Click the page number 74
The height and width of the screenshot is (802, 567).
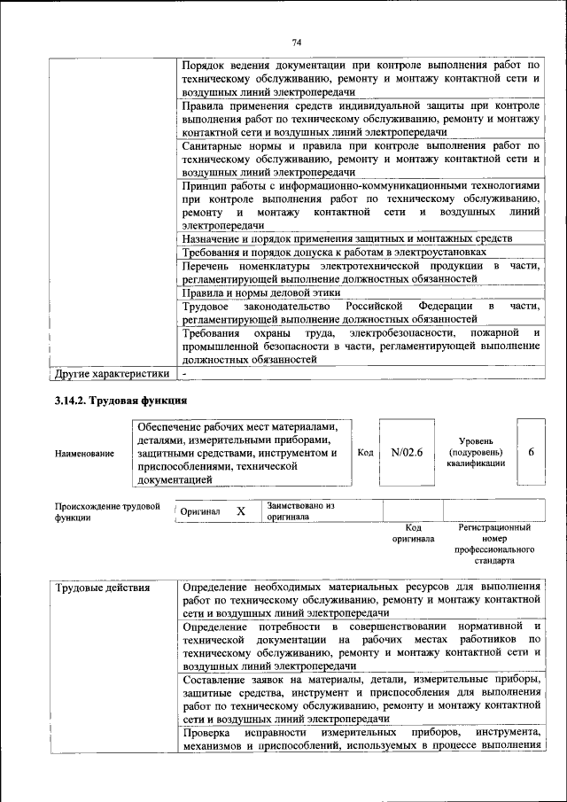pos(297,42)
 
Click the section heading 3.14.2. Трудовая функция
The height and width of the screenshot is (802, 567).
pos(120,401)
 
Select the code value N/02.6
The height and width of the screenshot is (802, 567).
pos(407,452)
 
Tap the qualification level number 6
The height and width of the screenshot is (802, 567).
pos(531,452)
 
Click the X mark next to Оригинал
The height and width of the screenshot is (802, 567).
pos(240,511)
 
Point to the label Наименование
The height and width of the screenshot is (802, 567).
pos(84,454)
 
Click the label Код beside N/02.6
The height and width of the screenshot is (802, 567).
pos(364,452)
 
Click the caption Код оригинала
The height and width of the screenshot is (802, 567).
pos(412,533)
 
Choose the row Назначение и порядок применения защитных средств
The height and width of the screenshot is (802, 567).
pos(346,238)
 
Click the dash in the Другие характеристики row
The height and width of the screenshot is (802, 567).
pos(184,374)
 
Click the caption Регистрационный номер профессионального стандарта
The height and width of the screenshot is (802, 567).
pos(493,543)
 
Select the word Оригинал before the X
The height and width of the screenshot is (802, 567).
pos(200,512)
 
